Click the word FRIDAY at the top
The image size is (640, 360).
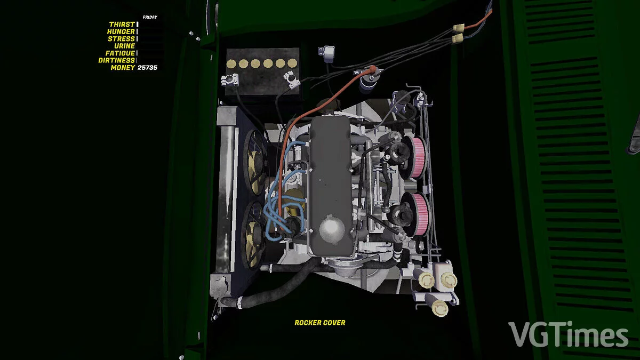click(x=150, y=17)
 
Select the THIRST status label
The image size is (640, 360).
click(x=122, y=25)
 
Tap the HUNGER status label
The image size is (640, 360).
click(x=121, y=31)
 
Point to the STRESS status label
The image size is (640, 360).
click(x=121, y=38)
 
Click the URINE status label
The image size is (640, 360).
click(x=125, y=46)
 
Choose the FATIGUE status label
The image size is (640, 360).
click(x=121, y=53)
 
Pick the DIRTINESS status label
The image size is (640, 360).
click(x=117, y=60)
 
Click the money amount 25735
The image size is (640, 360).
click(x=147, y=68)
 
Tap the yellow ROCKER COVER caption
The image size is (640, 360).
click(x=320, y=323)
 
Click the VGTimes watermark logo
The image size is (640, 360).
click(x=569, y=334)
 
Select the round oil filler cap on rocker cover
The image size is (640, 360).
click(x=332, y=229)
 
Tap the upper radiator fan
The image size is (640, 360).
click(x=255, y=162)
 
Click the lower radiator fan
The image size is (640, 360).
click(x=253, y=235)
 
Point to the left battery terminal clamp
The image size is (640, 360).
click(x=230, y=79)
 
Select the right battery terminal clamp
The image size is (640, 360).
click(x=292, y=81)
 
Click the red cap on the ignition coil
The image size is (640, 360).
click(x=372, y=69)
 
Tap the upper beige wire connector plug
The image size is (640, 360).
click(x=458, y=28)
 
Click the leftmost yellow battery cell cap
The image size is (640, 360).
click(x=231, y=63)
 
